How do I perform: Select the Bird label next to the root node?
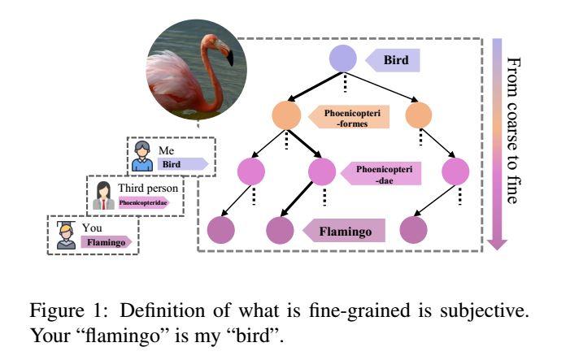coord(393,59)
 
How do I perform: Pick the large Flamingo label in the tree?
coord(343,232)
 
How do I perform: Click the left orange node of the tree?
coord(285,115)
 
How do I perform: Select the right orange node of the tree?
coord(419,115)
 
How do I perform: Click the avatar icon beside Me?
coord(142,156)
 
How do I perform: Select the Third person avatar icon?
coord(105,194)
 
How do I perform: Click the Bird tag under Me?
coord(180,164)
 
